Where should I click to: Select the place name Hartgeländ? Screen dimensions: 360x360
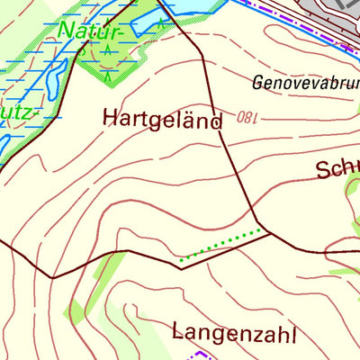tap(162, 119)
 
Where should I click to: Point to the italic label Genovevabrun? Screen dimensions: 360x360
tap(306, 84)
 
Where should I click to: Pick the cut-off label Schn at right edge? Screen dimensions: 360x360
tap(338, 169)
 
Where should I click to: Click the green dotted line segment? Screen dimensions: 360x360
tap(225, 246)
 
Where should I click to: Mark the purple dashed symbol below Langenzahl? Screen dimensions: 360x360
tap(189, 355)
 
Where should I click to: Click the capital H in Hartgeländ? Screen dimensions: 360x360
tap(111, 118)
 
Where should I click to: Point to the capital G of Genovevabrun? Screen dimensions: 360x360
tap(258, 84)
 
